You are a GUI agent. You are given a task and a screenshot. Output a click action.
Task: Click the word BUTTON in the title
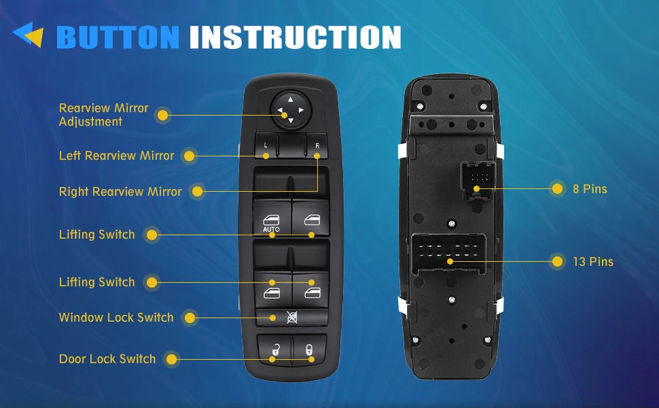(118, 37)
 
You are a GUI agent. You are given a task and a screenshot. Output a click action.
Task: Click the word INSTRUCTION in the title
(295, 37)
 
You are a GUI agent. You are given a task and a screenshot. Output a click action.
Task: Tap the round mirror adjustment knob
(290, 110)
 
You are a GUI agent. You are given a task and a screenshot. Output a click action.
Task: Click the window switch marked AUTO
(272, 218)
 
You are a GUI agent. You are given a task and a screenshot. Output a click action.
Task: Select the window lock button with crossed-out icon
(291, 317)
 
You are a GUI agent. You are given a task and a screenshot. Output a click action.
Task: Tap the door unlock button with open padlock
(274, 350)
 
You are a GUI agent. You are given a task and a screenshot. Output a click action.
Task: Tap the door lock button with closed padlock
(309, 350)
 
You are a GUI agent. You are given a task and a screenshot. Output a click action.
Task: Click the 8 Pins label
(590, 189)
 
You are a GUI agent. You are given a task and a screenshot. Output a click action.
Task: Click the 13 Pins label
(593, 262)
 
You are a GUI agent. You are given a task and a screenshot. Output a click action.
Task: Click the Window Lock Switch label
(116, 317)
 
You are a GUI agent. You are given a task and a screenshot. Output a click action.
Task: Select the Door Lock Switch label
(107, 359)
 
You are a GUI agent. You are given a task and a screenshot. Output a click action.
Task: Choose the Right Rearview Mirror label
(120, 192)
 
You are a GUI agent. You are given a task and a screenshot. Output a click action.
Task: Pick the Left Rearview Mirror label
(116, 156)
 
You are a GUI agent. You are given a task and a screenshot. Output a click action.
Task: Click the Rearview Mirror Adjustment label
(103, 115)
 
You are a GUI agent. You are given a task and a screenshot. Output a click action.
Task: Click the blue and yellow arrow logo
(29, 35)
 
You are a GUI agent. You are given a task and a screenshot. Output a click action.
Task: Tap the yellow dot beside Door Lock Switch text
(171, 359)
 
